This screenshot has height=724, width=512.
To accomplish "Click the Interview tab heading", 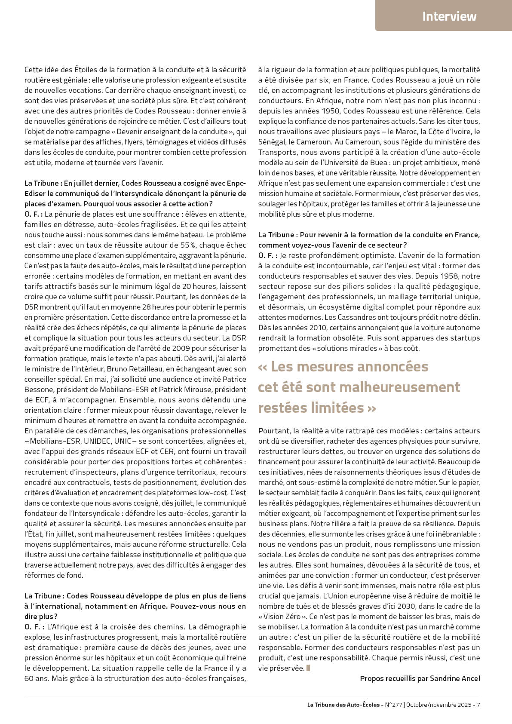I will coord(449,16).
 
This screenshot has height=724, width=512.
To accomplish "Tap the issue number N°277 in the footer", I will coord(393,705).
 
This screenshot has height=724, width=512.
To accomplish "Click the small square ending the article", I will coord(308,668).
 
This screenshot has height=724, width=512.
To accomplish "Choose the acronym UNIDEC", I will coord(98,441).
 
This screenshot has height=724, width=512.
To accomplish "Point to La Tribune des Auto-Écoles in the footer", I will coord(343,705).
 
